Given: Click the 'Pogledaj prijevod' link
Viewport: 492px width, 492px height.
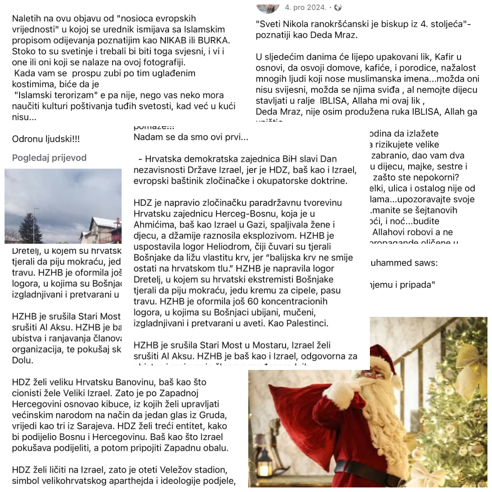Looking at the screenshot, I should click(x=49, y=158).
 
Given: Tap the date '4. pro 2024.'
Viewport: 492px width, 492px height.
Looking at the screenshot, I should click(x=305, y=7).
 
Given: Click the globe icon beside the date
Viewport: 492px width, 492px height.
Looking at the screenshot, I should click(x=338, y=7).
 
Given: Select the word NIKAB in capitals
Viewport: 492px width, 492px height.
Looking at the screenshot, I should click(x=182, y=40).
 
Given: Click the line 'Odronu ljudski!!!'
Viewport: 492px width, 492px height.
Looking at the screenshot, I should click(x=47, y=139).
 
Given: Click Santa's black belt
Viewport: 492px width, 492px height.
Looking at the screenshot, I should click(x=364, y=469).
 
